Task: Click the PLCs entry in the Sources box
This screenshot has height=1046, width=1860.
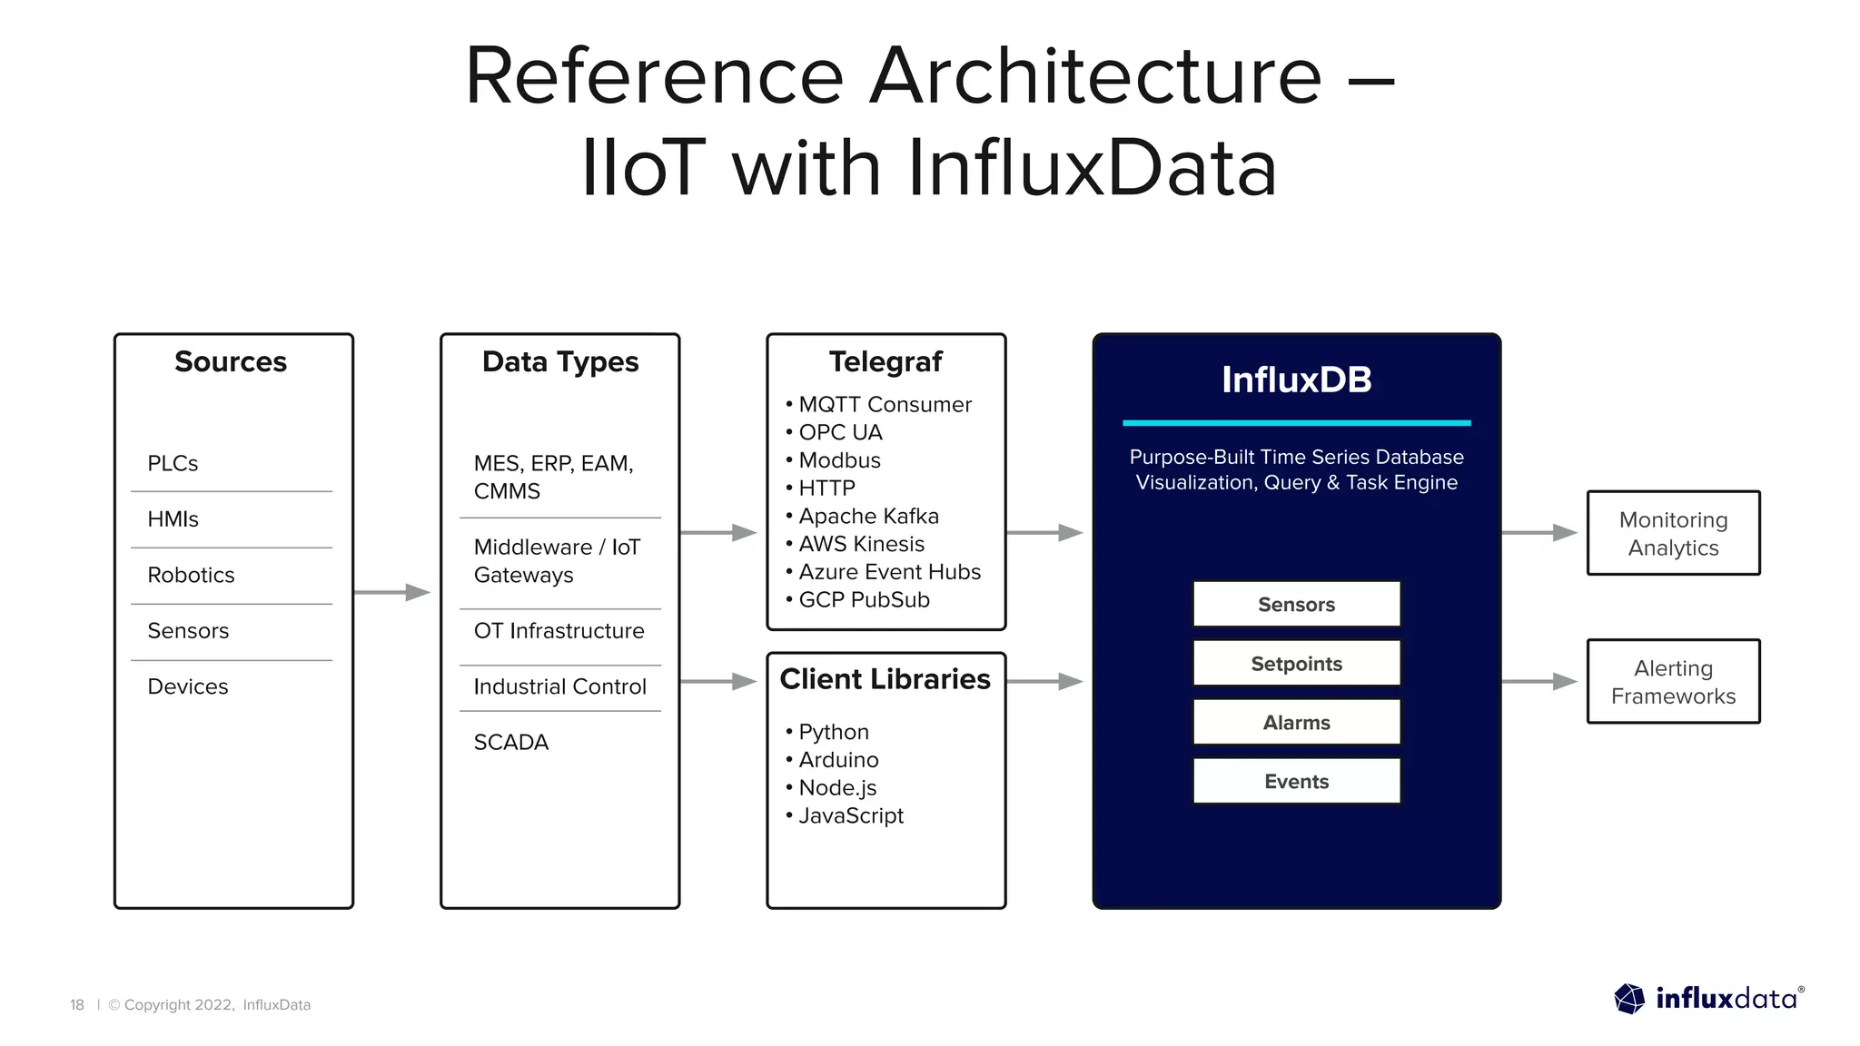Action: [173, 463]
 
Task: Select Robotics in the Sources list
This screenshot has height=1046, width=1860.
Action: [191, 575]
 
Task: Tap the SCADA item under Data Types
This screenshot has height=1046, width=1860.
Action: [511, 742]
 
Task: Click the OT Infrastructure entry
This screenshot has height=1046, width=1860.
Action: [559, 630]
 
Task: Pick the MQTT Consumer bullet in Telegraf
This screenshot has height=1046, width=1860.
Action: [884, 404]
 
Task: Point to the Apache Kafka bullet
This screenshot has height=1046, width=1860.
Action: [867, 516]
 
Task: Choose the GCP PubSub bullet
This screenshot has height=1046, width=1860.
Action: [863, 599]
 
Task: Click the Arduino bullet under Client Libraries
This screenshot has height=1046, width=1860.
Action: [837, 759]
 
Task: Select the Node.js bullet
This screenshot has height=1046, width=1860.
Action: [836, 787]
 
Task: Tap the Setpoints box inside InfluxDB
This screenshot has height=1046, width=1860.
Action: [1296, 663]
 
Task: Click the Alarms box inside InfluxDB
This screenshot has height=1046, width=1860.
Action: [1296, 722]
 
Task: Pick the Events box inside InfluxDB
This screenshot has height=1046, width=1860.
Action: [1296, 781]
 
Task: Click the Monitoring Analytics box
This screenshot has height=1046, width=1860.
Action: [1673, 533]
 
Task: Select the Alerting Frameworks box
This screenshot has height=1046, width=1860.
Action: [1673, 681]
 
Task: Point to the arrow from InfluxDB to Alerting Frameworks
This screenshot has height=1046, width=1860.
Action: [1540, 681]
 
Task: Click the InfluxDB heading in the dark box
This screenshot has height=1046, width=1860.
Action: [1296, 380]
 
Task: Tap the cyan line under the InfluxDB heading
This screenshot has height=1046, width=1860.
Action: [1296, 422]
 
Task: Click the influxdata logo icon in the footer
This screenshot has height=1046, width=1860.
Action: [1629, 999]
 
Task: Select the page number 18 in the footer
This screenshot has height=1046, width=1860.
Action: [77, 1004]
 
